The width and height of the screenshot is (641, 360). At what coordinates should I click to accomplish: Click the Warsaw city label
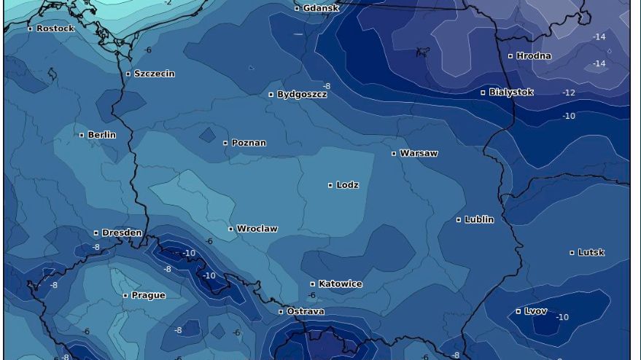419,154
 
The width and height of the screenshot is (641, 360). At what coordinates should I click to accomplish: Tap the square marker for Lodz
330,185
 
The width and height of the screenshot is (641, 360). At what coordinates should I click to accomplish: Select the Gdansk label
321,8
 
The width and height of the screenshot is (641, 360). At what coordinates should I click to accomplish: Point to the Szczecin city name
154,74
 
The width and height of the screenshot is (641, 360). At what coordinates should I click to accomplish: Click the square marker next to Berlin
82,135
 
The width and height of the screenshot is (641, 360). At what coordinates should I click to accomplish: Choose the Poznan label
249,143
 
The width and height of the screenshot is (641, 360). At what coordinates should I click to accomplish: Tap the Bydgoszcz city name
302,95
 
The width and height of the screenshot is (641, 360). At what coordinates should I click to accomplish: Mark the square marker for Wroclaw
231,229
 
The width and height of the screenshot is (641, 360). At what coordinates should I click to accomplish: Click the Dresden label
122,233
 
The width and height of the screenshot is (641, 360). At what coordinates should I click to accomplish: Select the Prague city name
148,296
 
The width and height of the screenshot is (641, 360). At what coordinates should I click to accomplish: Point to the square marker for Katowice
313,284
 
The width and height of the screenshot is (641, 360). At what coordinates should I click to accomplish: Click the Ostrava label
306,312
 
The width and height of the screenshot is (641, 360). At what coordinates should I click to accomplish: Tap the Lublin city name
479,219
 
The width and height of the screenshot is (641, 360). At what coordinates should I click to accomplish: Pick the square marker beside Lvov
518,311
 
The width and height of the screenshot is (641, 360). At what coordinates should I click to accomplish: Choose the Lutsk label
591,253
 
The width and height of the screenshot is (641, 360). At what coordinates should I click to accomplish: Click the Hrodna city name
534,56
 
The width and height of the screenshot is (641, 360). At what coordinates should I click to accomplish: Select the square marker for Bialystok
483,93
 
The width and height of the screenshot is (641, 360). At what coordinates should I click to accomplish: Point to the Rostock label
55,28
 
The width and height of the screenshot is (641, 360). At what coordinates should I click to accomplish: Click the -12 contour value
569,93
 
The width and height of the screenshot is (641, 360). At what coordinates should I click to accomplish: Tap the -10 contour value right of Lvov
562,318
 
